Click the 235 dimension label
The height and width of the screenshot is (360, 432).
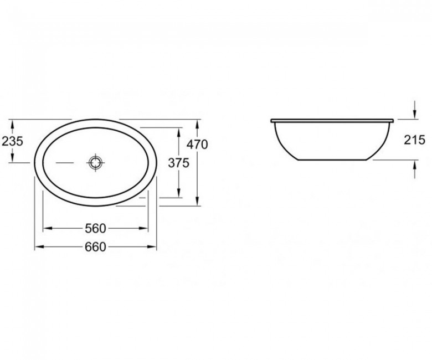pos(12,141)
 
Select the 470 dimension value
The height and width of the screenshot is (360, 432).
pos(197,145)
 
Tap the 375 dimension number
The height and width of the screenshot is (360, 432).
pos(179,163)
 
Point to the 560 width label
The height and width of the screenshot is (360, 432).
pos(95,228)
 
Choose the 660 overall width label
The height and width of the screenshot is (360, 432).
pos(95,247)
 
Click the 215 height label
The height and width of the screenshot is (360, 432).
pos(415,140)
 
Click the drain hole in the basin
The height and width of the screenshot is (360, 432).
pos(96,163)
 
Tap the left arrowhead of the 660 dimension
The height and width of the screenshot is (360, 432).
pos(39,247)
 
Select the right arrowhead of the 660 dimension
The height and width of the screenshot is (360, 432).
pos(152,247)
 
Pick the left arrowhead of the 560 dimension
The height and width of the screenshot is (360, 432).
pos(48,228)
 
